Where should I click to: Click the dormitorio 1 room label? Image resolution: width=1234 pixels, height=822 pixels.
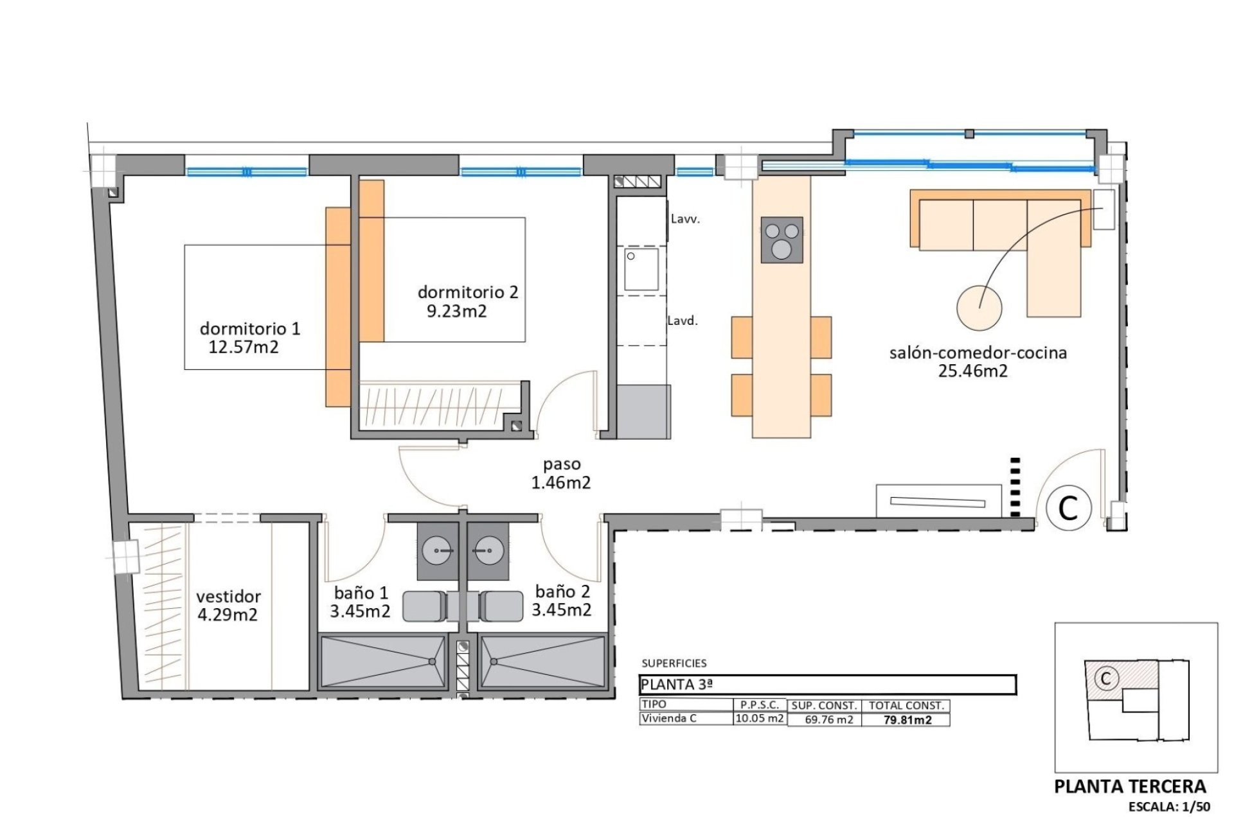250,329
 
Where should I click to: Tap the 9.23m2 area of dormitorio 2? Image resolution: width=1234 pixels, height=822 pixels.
457,311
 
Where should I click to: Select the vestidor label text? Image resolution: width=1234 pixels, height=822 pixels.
229,597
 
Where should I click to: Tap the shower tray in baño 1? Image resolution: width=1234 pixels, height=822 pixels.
382,662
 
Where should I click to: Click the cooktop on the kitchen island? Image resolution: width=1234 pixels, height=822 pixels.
782,240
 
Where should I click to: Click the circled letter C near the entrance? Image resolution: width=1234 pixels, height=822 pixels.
1068,509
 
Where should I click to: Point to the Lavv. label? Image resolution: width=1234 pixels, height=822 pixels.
685,219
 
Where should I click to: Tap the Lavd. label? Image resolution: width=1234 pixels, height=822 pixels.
683,320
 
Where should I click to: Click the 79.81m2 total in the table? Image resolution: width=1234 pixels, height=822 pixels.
908,720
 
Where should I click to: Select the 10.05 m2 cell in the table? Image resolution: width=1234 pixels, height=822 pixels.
760,719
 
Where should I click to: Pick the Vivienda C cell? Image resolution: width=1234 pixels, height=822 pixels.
669,719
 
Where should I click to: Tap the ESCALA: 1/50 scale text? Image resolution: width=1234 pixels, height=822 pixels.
1170,807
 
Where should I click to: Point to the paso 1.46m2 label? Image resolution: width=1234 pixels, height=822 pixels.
561,473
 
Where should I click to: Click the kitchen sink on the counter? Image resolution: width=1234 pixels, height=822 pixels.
641,270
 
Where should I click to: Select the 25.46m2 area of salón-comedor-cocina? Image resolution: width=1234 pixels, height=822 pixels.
973,371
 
